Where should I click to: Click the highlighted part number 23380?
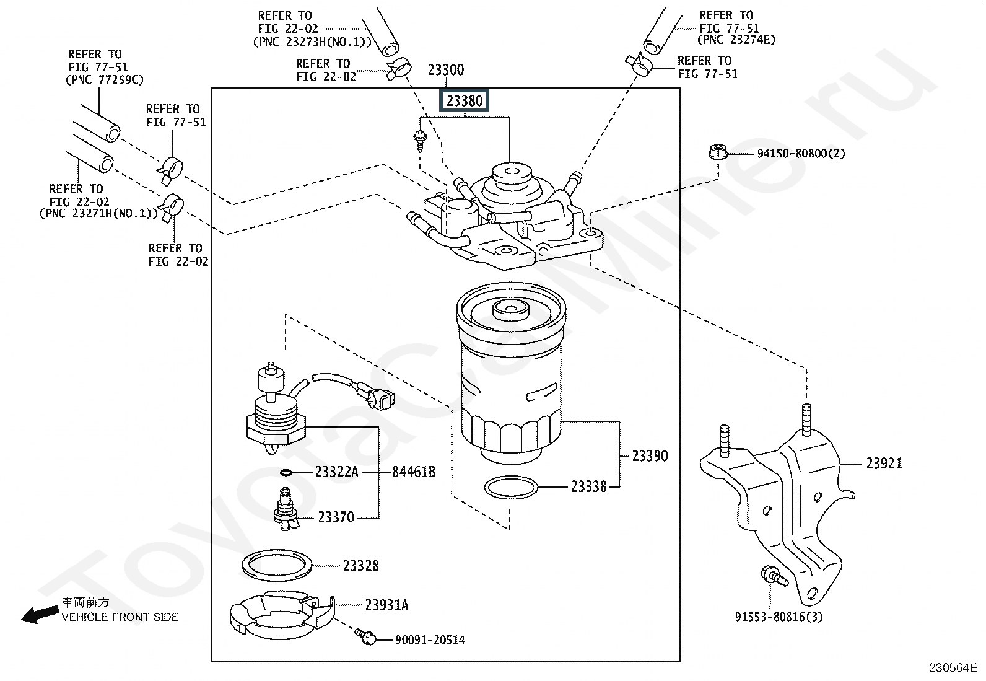pos(465,100)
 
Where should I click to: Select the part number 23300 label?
pos(446,70)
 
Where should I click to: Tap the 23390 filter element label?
pos(650,456)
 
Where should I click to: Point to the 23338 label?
pos(588,487)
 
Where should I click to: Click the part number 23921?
pos(884,464)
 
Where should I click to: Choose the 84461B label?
pos(414,472)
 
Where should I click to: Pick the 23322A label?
pos(336,472)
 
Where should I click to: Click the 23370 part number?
pos(336,517)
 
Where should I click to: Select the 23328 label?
pos(361,565)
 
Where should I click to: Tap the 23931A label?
pos(386,605)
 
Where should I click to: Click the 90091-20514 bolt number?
pos(430,639)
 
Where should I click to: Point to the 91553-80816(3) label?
pos(779,617)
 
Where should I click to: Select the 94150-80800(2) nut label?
pos(801,153)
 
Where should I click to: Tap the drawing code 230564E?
pos(952,667)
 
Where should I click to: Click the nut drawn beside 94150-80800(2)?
pos(717,152)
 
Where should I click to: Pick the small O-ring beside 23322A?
pos(286,473)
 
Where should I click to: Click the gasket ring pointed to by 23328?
pos(276,565)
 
